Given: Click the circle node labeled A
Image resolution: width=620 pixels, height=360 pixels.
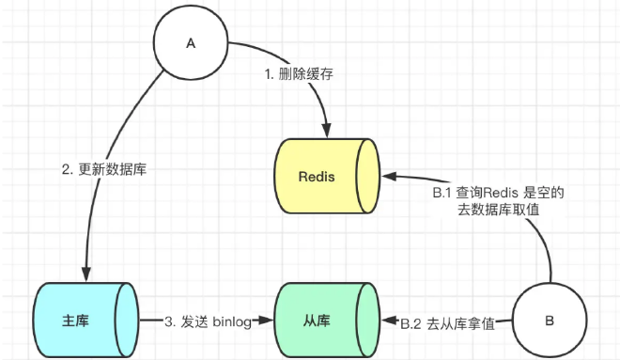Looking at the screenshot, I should tap(191, 44).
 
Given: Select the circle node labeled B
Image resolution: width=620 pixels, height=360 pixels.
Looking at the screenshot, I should tap(549, 321).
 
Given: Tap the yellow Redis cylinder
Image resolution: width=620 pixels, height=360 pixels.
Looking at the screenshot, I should tap(325, 177).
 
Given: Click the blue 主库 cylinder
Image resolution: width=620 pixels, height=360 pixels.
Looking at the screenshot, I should tap(85, 321).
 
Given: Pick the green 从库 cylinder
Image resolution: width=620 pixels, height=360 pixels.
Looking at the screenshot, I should tap(325, 321).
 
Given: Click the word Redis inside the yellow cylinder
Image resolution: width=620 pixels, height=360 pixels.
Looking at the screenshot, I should tap(317, 177).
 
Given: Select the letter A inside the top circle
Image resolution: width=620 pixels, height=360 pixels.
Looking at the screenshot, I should tap(191, 44).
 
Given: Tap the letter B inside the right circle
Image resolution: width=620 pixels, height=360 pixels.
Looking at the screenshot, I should tap(549, 321).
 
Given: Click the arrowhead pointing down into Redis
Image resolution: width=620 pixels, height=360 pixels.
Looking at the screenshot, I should tap(326, 133).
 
